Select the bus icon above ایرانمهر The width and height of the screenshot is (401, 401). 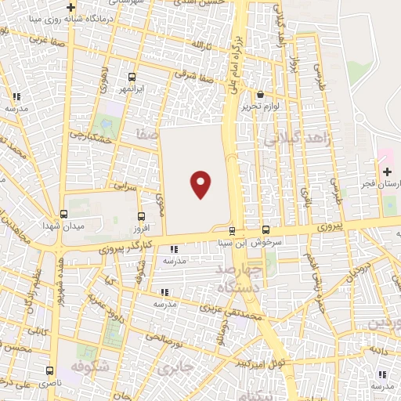click(131, 78)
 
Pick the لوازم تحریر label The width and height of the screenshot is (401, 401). click(261, 106)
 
